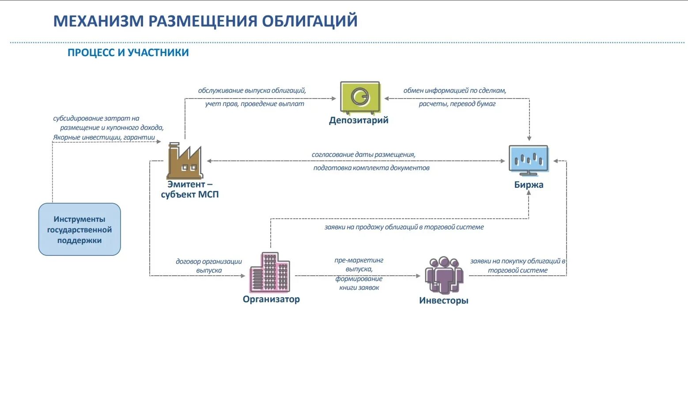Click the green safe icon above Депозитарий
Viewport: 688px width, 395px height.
(x=360, y=97)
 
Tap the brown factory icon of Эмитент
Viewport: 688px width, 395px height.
(x=185, y=161)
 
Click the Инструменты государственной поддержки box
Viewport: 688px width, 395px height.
(x=79, y=229)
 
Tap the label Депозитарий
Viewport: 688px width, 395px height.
(x=359, y=120)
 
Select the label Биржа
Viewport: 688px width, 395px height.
(x=529, y=185)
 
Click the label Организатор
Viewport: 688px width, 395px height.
(x=271, y=299)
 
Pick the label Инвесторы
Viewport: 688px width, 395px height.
(x=443, y=300)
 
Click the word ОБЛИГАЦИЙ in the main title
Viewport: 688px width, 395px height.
(x=310, y=21)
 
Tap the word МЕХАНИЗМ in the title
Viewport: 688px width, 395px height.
(x=98, y=21)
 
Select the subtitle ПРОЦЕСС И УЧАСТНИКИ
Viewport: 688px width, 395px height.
(x=128, y=53)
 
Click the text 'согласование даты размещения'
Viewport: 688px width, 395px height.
(x=363, y=155)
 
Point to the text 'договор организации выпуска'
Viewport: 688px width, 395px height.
(x=209, y=266)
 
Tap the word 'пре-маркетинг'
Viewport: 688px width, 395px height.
(x=359, y=260)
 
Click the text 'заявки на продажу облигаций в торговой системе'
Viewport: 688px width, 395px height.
(x=404, y=227)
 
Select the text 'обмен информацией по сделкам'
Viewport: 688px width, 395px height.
(x=455, y=91)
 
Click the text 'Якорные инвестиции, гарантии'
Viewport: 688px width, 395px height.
(x=104, y=137)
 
